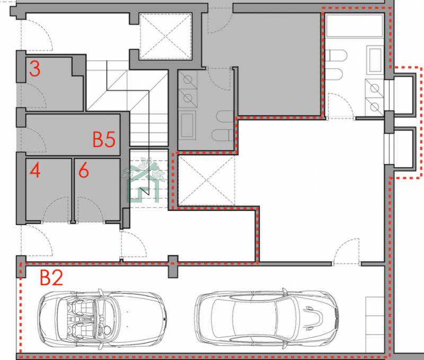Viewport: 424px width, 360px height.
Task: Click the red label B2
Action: point(51,277)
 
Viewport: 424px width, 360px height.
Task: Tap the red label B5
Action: point(104,139)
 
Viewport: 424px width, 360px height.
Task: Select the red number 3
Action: point(35,68)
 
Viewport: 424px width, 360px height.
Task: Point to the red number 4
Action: point(35,170)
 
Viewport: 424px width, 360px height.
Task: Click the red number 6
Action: point(84,170)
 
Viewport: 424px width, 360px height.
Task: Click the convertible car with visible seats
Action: point(102,318)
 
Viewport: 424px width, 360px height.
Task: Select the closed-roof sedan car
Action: point(267,318)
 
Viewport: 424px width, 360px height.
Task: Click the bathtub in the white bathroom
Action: point(355,25)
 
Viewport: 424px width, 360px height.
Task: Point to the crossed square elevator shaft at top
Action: point(165,36)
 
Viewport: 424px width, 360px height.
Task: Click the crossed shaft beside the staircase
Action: point(206,180)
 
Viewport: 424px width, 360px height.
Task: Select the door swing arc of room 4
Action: point(56,209)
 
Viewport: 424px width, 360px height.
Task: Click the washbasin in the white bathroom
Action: point(375,60)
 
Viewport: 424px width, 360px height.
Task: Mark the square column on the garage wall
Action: point(173,266)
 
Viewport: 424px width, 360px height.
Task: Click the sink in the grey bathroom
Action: point(187,125)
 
